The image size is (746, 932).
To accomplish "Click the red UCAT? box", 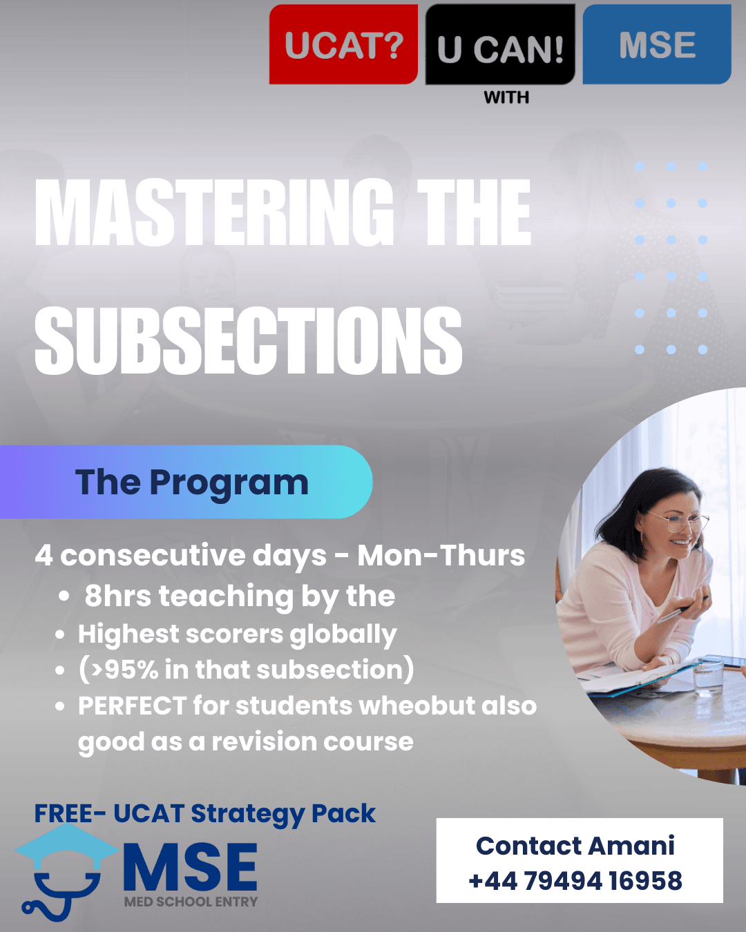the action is tap(343, 44).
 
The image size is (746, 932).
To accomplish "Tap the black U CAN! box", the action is tap(500, 44).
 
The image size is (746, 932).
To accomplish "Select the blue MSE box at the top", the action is tap(657, 44).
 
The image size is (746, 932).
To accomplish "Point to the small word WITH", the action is tap(506, 97).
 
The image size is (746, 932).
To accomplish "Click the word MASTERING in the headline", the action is tap(214, 212).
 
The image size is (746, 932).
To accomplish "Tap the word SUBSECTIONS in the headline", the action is tap(249, 340).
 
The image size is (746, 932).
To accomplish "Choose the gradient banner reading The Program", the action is tap(186, 482).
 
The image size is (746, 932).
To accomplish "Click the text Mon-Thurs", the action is tap(441, 556).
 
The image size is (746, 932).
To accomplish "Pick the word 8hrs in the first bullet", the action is tap(118, 596).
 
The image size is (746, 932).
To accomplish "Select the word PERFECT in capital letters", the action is tap(132, 706).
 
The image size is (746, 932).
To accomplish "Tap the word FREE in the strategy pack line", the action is tap(63, 813).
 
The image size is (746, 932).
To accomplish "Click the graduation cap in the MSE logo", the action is tap(67, 846).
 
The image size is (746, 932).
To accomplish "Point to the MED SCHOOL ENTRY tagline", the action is tap(191, 902).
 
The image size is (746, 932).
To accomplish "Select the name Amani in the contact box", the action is tap(631, 846).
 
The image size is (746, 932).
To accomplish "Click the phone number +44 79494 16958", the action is tap(575, 880).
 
